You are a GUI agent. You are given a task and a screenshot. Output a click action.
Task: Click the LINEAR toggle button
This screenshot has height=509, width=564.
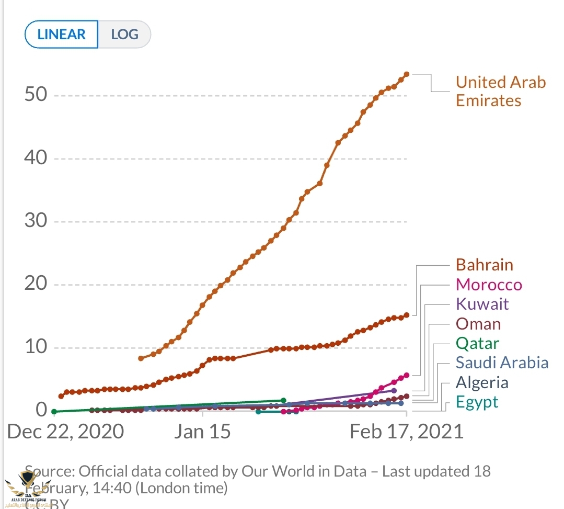pos(62,35)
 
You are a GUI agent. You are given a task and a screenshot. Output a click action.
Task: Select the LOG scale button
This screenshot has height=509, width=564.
pos(125,35)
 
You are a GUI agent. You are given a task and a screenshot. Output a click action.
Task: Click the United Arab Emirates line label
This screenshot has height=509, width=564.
pos(500,91)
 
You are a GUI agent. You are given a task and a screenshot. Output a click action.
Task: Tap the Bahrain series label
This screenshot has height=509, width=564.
pos(485,265)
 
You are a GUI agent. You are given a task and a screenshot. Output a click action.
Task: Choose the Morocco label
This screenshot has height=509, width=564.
pos(489,285)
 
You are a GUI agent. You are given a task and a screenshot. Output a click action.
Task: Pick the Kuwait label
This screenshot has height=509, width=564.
pos(482,304)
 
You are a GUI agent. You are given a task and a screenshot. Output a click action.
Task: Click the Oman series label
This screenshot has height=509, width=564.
pos(478,324)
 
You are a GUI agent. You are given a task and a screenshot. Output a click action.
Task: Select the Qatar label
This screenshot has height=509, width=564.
pos(477,343)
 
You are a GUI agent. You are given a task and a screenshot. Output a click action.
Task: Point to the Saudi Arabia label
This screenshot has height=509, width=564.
pos(502,363)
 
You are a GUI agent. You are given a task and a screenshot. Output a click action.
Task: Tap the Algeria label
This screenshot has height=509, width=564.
pos(482,382)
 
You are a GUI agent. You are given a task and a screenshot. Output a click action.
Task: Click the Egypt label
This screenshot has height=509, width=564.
pos(477,402)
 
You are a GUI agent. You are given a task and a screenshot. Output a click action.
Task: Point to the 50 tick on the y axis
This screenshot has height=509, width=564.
pos(36,95)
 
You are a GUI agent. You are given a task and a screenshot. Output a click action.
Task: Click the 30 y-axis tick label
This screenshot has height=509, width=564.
pos(36,221)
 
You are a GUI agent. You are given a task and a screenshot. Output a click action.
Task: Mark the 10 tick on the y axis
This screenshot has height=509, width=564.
pos(36,347)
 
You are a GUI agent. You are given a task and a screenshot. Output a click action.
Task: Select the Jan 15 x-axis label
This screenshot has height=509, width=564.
pos(202,432)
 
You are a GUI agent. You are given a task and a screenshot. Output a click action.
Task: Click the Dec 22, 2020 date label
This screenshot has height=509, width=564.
pos(65,432)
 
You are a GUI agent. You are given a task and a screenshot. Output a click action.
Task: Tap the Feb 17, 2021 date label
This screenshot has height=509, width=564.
pos(406,432)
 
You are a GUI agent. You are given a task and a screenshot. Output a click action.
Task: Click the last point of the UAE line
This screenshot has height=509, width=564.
pos(407,74)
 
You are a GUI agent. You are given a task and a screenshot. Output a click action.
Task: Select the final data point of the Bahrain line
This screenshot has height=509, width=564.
pos(407,315)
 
